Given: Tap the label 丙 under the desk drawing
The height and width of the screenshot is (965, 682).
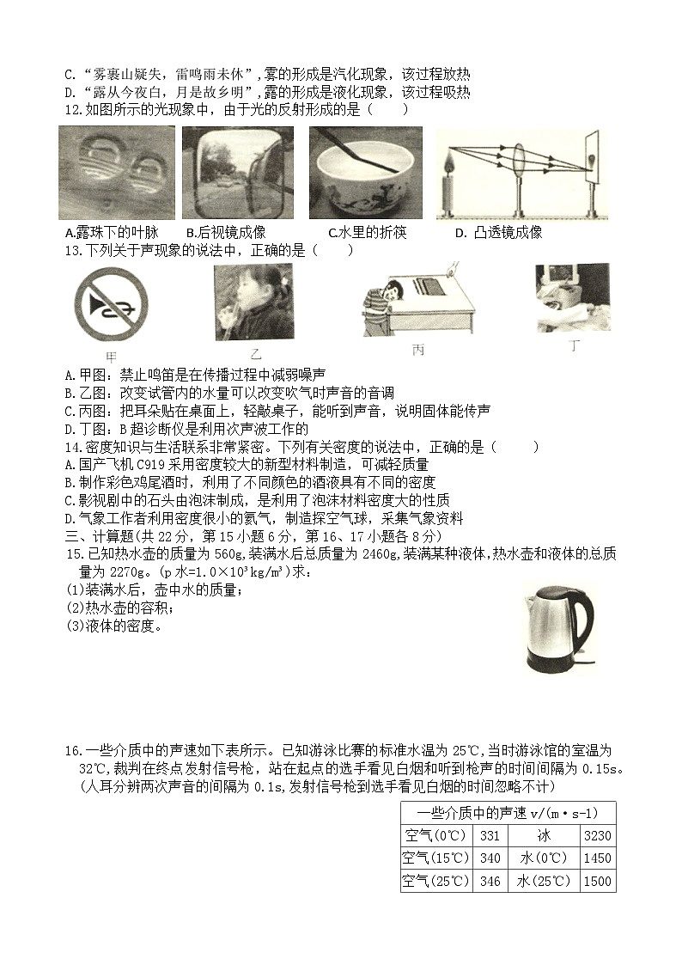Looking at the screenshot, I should (418, 351).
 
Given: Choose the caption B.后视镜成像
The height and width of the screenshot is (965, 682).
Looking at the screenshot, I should (226, 232).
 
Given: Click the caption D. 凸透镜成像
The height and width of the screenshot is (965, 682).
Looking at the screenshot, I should (498, 232).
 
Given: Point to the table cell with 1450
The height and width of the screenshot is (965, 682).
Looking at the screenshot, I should (597, 858).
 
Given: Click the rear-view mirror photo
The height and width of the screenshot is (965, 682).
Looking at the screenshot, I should (238, 172).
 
